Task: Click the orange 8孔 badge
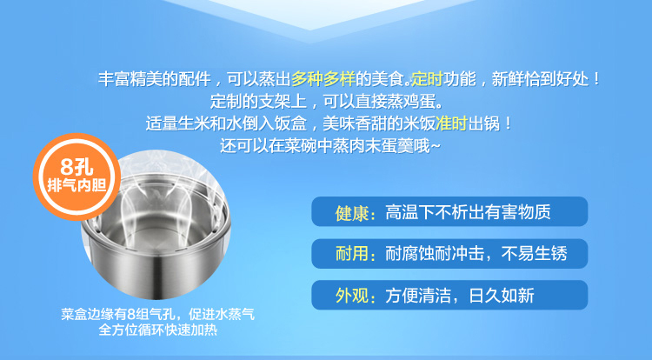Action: (77, 177)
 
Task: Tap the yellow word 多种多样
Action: (323, 78)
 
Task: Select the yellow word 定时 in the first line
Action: (427, 78)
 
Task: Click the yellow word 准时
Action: (451, 123)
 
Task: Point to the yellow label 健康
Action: (351, 213)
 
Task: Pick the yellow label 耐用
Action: (351, 254)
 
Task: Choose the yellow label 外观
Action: (351, 296)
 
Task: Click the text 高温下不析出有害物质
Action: (468, 212)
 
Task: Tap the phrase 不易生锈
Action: (535, 253)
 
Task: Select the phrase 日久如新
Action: (502, 295)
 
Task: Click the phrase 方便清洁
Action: (418, 295)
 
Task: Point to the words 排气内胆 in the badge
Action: (77, 185)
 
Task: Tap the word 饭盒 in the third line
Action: (290, 123)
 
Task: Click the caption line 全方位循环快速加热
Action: (158, 330)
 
